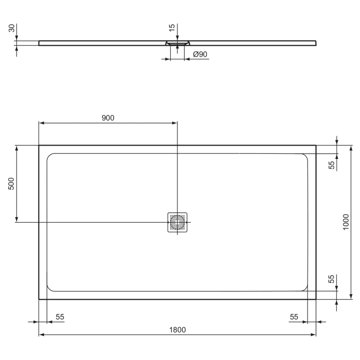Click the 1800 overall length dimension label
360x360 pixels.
coord(177,329)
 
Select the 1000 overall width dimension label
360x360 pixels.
coord(346,222)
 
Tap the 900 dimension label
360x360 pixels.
coord(107,118)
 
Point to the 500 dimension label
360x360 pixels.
coord(12,184)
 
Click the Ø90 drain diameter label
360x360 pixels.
coord(199,54)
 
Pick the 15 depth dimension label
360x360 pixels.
coord(172,27)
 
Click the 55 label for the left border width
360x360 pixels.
coord(60,317)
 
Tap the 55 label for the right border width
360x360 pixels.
coord(294,317)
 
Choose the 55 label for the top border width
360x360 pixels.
coord(332,165)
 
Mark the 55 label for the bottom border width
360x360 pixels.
coord(332,279)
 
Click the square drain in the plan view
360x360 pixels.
coord(177,222)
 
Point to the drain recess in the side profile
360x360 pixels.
coord(177,44)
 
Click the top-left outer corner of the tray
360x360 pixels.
coord(39,146)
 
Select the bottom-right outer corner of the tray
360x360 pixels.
coord(316,299)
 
